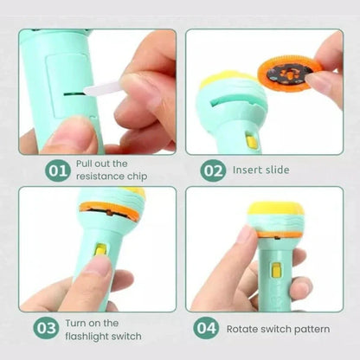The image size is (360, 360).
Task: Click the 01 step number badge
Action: click(x=58, y=170)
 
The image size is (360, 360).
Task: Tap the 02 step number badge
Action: click(x=213, y=170)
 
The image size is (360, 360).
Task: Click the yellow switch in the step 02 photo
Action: click(x=251, y=140)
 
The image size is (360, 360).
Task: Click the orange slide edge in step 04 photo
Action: click(x=277, y=235)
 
